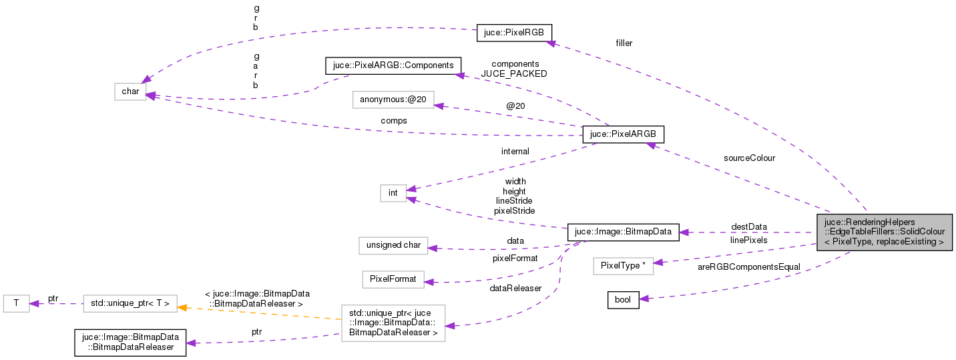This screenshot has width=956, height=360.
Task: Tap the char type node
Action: point(130,92)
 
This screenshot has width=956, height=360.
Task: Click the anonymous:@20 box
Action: point(393,100)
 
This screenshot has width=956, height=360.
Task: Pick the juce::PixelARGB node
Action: point(623,134)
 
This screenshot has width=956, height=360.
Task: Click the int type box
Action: point(393,193)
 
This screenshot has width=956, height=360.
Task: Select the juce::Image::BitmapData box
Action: point(623,232)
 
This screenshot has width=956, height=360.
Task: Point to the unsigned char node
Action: point(393,245)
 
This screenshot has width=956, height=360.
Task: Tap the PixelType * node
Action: point(623,266)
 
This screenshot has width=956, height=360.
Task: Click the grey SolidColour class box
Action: point(884,232)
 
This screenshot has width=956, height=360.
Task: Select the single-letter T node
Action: point(16,304)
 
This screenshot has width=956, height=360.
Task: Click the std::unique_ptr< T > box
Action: point(130,304)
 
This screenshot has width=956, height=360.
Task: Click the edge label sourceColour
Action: point(748,158)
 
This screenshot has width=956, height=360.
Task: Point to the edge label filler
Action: point(624,43)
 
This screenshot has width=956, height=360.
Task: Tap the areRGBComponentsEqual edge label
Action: point(739,266)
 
